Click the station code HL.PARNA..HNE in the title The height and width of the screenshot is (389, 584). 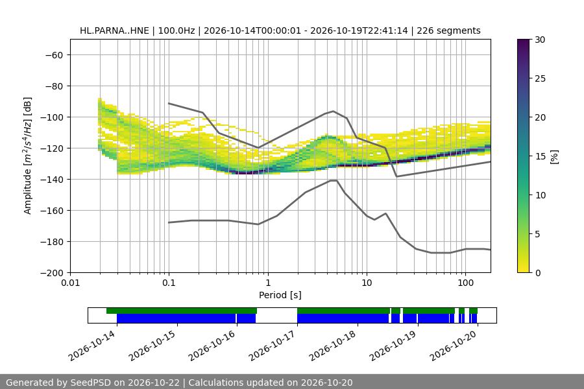(114, 30)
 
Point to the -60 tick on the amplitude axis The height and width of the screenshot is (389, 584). (54, 55)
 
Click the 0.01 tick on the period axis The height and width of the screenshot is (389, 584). (70, 283)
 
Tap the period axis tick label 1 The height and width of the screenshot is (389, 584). (268, 283)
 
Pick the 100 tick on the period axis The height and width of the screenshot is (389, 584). (465, 283)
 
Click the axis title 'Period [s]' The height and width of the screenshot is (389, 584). (280, 295)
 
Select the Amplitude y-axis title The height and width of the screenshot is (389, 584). (28, 156)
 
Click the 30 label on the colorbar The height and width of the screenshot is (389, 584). (540, 40)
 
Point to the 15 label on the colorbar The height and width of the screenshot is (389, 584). (540, 156)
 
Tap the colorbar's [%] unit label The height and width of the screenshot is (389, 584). (555, 157)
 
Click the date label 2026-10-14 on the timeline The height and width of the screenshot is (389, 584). (92, 346)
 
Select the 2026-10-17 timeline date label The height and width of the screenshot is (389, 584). (273, 346)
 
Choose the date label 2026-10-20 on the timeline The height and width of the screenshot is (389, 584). (454, 346)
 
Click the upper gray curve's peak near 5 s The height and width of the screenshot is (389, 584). (334, 111)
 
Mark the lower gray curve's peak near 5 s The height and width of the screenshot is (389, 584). (334, 180)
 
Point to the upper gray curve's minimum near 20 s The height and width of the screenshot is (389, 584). (396, 176)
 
